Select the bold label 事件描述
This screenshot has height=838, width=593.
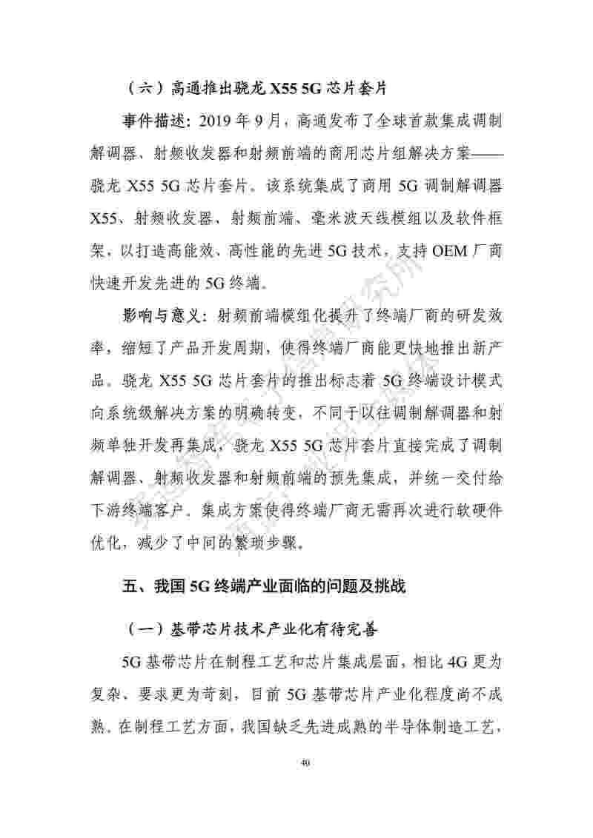pyautogui.click(x=151, y=119)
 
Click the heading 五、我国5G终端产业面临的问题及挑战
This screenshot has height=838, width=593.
pyautogui.click(x=264, y=588)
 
